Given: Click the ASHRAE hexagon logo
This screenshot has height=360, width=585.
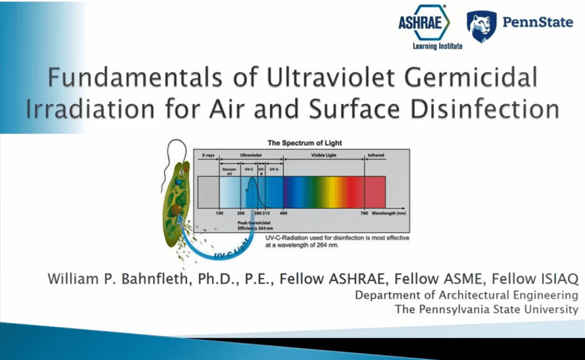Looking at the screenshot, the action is [424, 22].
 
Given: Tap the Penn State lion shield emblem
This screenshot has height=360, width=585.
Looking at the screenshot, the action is [481, 26].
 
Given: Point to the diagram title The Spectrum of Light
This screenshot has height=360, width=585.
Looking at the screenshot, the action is [305, 143].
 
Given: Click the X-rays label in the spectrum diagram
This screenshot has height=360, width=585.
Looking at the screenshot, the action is [208, 155].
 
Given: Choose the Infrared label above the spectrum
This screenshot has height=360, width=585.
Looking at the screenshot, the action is [376, 155].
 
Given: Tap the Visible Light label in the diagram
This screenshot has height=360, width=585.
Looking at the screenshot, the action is [323, 155].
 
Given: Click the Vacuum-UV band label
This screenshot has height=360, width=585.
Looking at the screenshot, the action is [229, 171].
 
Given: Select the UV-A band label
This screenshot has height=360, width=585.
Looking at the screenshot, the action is [274, 169].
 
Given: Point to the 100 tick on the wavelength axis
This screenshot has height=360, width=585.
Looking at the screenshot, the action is [219, 213].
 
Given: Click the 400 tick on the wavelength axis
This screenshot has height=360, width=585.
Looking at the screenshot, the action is [283, 213].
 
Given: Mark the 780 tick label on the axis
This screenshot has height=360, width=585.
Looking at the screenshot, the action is [364, 213].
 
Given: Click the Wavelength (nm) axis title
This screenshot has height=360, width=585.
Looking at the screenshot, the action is [389, 213].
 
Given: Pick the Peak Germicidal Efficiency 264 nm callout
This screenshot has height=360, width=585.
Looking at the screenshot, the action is [255, 225].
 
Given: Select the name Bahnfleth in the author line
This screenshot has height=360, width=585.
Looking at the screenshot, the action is [154, 279].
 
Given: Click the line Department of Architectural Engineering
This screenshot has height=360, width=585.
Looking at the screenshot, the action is [466, 295].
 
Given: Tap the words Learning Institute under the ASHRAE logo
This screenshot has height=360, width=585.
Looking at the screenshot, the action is [437, 46].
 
